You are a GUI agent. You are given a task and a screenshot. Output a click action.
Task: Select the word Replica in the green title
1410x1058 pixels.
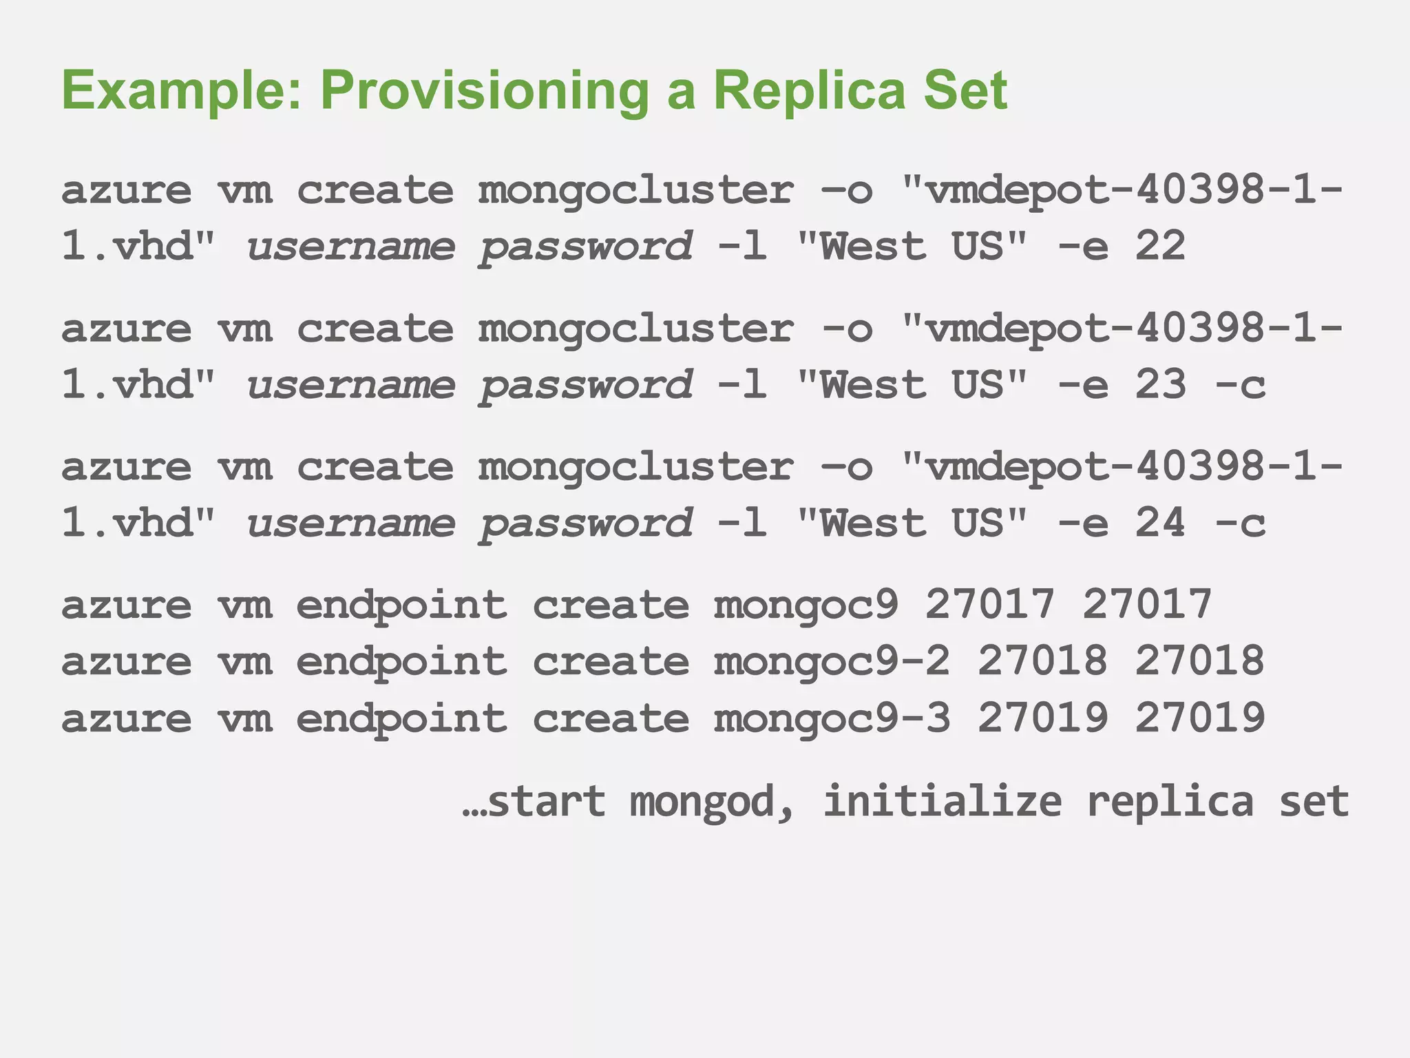[x=809, y=91]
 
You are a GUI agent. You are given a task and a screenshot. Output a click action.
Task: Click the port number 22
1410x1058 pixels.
[x=1160, y=246]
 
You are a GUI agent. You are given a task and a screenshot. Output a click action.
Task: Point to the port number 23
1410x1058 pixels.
[x=1160, y=384]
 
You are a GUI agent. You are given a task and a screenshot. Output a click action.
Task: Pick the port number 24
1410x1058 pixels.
[x=1160, y=523]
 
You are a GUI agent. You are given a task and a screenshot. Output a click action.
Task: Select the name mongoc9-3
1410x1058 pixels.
[x=832, y=718]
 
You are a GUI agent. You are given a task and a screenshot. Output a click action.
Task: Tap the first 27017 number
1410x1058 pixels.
[x=989, y=605]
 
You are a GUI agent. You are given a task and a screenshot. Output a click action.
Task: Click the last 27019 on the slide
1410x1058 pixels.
[x=1199, y=718]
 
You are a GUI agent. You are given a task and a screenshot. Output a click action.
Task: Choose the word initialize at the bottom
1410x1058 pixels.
[x=943, y=802]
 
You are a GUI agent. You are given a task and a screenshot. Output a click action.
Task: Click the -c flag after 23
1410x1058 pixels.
[x=1240, y=384]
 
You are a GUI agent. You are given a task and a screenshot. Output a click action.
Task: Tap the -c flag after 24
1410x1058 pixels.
[x=1240, y=523]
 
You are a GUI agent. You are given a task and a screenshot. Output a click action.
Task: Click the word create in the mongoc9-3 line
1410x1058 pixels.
[x=611, y=718]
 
